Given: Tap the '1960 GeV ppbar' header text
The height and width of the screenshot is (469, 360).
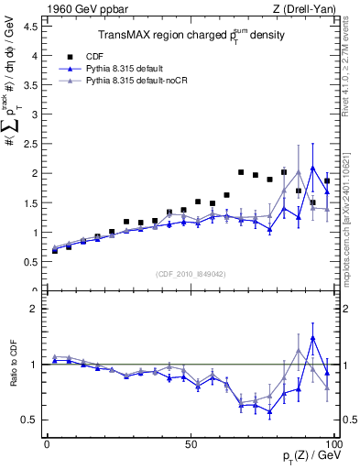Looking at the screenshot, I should pyautogui.click(x=75, y=9).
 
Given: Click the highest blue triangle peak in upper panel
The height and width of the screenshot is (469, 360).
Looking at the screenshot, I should pyautogui.click(x=313, y=168).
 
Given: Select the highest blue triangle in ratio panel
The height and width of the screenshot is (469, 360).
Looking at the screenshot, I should pyautogui.click(x=313, y=338).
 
